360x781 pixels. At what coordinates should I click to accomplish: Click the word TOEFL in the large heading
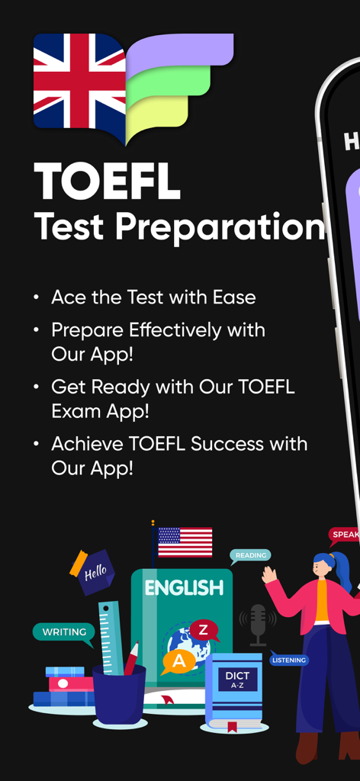tap(108, 183)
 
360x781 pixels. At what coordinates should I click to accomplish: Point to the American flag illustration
tap(185, 542)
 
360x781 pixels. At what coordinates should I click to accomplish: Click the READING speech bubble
tap(250, 556)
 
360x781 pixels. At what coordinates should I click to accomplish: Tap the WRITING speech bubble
tap(64, 632)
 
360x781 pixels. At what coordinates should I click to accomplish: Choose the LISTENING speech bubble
tap(288, 660)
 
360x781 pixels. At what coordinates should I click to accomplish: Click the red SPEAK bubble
tap(344, 535)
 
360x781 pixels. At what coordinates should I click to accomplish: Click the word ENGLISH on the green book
tap(185, 588)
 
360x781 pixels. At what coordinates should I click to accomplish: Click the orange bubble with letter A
tap(178, 661)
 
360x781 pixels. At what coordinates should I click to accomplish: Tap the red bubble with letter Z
tap(203, 630)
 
